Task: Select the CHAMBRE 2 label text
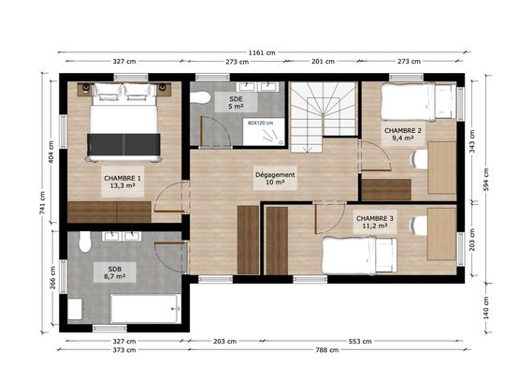[x=402, y=134]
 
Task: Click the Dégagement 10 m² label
[x=275, y=178]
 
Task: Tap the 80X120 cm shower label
[x=261, y=122]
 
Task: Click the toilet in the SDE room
[x=201, y=97]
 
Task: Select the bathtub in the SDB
[x=144, y=308]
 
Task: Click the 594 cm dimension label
[x=484, y=179]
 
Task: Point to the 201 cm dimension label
[x=323, y=63]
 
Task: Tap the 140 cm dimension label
[x=484, y=305]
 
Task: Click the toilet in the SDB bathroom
[x=85, y=244]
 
